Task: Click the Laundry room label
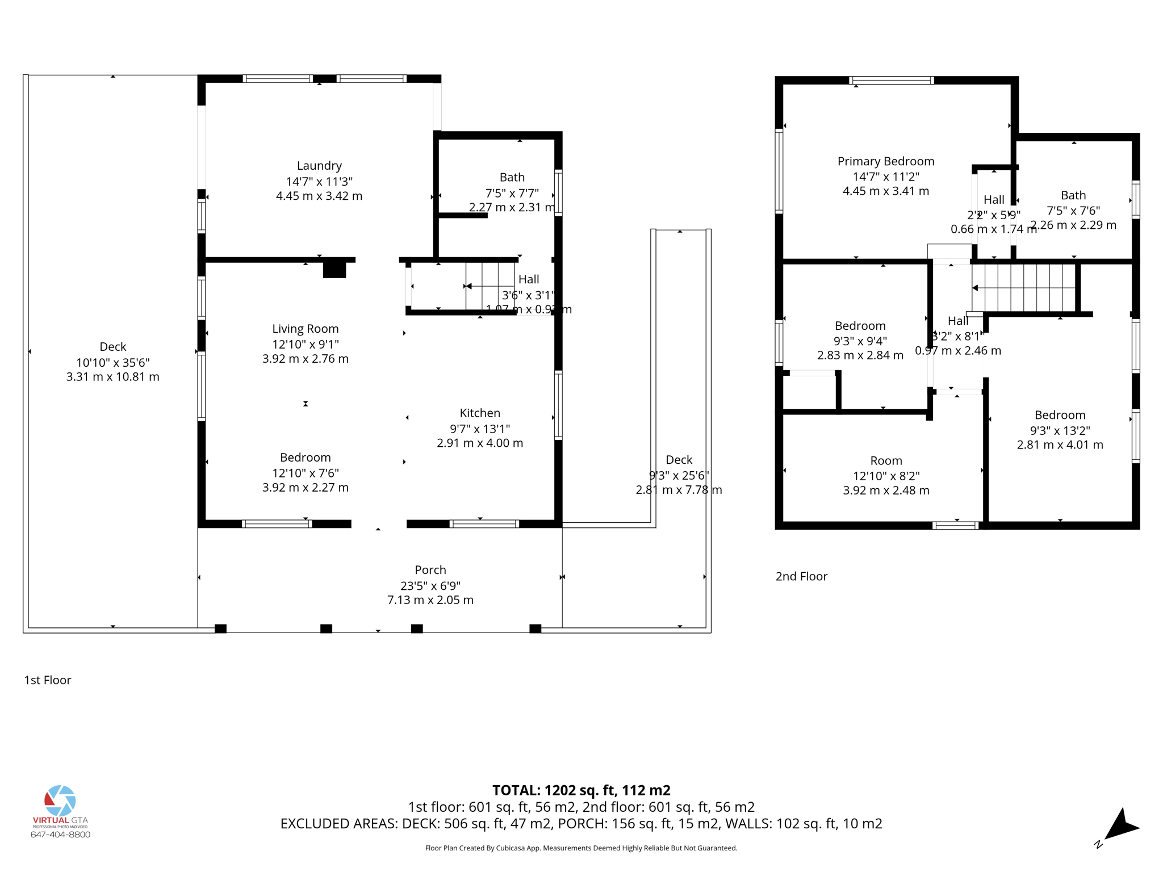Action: coord(319,166)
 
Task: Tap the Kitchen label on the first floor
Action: coord(480,413)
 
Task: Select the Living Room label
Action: coord(305,329)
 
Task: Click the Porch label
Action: coord(430,570)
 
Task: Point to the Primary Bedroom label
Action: coord(885,161)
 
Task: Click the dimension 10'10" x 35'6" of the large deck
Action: coord(112,362)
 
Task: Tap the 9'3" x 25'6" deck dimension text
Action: coord(679,475)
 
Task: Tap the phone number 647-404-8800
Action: coord(60,835)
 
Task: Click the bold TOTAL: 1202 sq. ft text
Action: coord(581,790)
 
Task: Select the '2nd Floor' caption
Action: coord(801,576)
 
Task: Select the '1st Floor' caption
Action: coord(48,680)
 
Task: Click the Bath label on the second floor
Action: coord(1073,195)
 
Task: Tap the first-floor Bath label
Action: coord(512,177)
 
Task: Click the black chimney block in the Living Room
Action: coord(334,269)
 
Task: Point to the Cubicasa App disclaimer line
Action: coord(581,848)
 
